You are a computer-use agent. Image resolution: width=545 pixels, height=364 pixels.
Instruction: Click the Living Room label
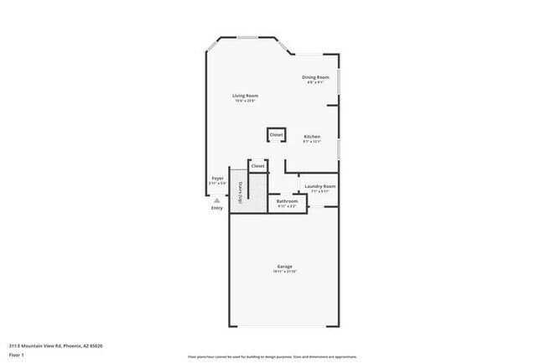245,96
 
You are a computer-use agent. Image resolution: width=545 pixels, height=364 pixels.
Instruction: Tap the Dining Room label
315,77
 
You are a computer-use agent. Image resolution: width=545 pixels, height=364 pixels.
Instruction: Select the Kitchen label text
311,137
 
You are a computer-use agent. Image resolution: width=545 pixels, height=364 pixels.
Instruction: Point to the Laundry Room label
319,186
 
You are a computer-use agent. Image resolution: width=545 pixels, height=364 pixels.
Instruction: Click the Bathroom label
288,201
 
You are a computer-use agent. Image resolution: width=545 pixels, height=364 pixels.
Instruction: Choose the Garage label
285,267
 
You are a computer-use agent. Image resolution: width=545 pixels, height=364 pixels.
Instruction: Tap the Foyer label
216,178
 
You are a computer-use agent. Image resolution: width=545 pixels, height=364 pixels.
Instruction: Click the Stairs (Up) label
241,193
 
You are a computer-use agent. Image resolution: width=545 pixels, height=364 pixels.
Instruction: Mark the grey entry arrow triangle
216,201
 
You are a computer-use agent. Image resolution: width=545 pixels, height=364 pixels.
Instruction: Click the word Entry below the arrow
217,209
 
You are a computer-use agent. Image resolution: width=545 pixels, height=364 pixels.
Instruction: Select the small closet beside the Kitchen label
276,135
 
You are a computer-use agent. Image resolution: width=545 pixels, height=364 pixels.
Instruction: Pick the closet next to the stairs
257,166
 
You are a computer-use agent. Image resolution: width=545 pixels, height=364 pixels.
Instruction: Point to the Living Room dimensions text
245,101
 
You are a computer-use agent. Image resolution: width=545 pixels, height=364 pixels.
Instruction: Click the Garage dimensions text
285,272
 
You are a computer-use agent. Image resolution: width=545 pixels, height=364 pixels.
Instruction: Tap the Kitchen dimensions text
311,142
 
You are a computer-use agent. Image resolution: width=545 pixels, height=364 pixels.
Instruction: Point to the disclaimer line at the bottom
272,356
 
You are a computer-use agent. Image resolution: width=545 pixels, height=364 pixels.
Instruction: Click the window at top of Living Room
247,38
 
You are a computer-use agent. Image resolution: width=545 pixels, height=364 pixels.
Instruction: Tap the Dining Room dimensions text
315,82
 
